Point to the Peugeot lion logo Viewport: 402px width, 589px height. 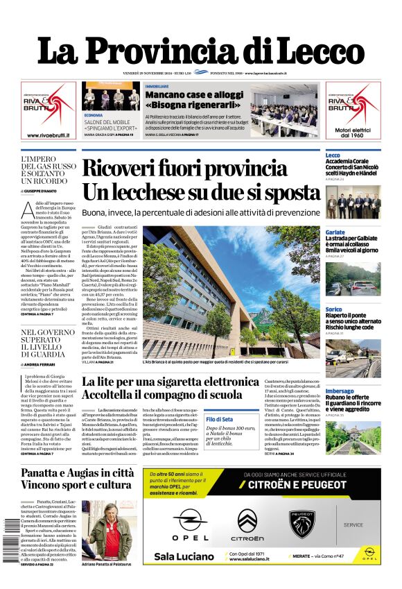click(303, 521)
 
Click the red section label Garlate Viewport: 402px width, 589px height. click(335, 232)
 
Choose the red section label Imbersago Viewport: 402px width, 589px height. click(340, 391)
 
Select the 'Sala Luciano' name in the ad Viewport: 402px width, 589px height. click(183, 556)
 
